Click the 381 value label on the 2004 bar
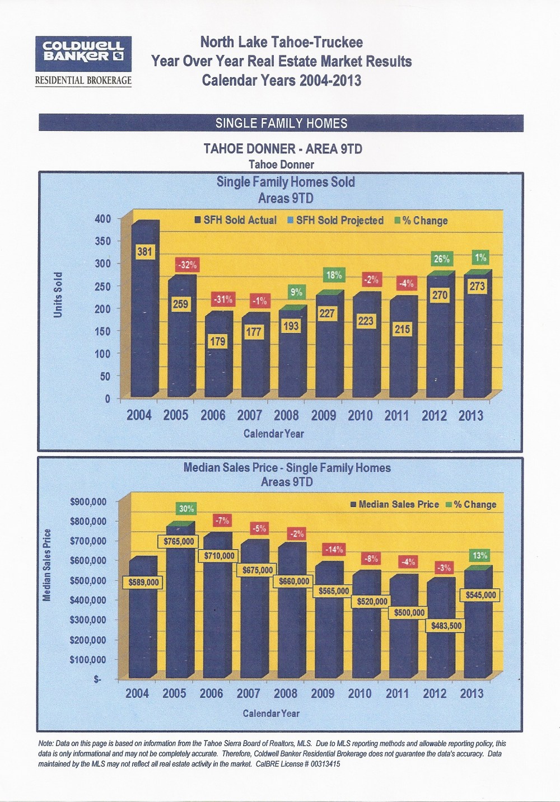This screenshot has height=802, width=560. coord(144,252)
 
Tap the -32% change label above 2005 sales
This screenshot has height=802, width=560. coord(186,265)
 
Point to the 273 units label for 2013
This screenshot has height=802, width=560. coord(477,287)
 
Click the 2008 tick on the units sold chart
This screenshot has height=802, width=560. coord(286,415)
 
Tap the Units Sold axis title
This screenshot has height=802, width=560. coord(58,294)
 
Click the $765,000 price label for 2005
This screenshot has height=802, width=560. coord(179,541)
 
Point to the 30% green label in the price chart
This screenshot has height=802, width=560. coord(186,509)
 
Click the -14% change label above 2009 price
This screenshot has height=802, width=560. coord(335,549)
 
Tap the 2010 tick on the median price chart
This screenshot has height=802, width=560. coord(360,693)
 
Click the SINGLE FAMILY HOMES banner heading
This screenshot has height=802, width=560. coord(281,123)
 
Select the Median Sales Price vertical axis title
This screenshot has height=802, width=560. coord(48,565)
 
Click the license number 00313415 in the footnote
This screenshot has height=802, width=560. coord(319,763)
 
